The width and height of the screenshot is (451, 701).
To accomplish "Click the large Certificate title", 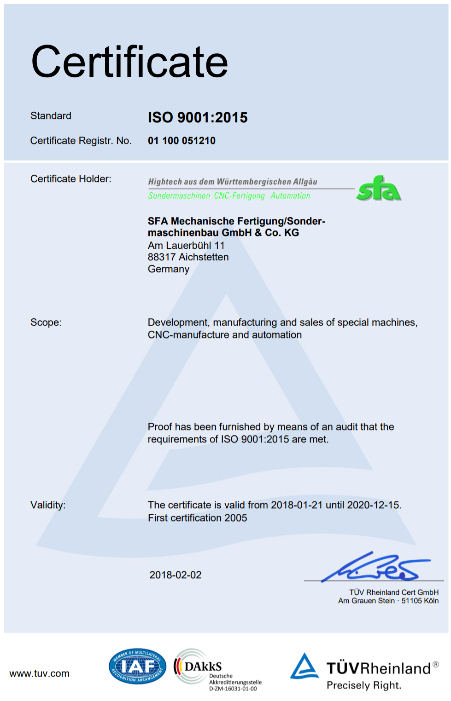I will point(129,62).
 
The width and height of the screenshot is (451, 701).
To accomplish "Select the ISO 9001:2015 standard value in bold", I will point(198,118).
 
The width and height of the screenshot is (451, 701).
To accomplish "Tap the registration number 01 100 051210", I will point(182,141).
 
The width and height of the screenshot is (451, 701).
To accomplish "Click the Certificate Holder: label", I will point(71,179).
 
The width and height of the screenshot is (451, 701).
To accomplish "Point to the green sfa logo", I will point(378,189).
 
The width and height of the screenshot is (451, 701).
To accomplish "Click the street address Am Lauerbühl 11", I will point(186,246).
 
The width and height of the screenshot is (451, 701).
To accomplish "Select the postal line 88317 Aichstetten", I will point(188,257).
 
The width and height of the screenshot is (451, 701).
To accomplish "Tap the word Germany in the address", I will point(169,269).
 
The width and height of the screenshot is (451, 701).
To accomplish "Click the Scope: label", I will point(46,322).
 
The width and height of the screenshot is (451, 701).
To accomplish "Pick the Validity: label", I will point(48,505).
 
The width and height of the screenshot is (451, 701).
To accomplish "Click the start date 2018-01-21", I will point(297,505).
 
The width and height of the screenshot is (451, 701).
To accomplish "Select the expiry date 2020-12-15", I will point(373,505).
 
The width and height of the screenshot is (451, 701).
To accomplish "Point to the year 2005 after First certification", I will point(235,518).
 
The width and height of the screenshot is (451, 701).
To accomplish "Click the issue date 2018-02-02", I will point(176,575).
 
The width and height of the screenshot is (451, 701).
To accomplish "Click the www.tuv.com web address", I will point(40,674).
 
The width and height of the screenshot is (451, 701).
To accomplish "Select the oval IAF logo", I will point(137,666).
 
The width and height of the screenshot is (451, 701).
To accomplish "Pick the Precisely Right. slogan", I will point(364,685).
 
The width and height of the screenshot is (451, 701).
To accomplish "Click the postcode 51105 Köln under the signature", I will point(420,601).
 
